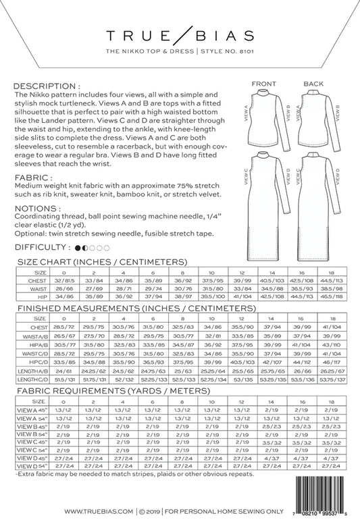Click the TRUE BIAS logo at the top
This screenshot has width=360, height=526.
point(180,35)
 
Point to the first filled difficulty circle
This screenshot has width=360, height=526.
point(78,248)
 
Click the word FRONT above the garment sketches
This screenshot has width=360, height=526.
point(263,84)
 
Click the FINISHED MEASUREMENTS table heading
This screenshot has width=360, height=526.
point(122,307)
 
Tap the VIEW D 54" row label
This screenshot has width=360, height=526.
point(30,466)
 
